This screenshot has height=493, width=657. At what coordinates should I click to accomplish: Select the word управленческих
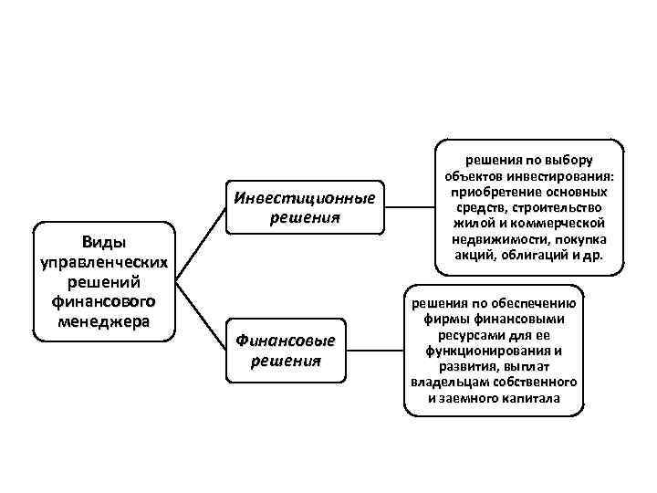pos(103,262)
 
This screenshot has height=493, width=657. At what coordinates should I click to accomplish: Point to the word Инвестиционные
pos(304,199)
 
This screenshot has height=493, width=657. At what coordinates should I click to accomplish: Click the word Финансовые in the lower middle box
pos(286,341)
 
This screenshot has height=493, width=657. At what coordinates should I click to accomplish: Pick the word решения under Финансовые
pos(286,360)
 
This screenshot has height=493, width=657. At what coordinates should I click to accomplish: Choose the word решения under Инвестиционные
pos(304,218)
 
